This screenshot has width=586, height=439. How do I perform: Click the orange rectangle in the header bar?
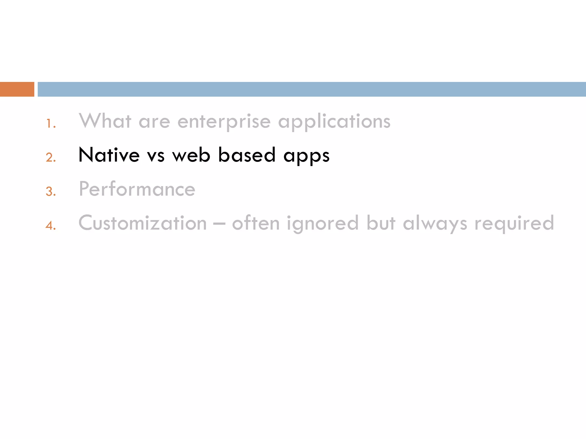(17, 89)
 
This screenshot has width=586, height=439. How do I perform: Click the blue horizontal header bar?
(312, 89)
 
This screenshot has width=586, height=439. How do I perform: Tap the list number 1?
(50, 123)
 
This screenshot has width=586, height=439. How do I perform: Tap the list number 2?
(50, 157)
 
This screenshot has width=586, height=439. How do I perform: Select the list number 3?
(50, 191)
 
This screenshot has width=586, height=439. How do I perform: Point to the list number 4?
(50, 226)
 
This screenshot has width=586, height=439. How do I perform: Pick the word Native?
(109, 155)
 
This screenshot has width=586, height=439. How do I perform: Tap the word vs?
(156, 156)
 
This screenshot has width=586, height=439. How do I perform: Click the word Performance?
(137, 189)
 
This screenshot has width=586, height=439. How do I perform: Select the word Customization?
(142, 223)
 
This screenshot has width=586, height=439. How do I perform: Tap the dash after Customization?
(219, 224)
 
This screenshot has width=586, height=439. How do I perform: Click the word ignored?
(322, 224)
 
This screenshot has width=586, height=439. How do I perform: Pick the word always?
(435, 224)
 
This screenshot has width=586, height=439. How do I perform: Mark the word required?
(514, 224)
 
